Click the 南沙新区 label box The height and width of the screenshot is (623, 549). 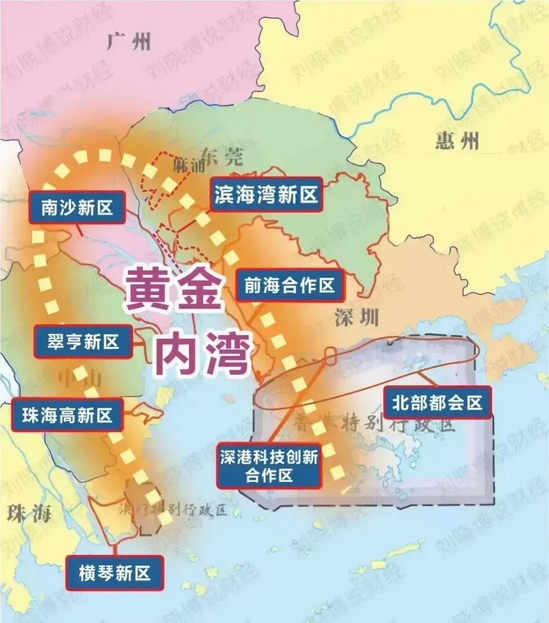point(77,207)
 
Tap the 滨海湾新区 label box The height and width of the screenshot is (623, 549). point(266,194)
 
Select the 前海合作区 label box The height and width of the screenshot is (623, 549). point(289,285)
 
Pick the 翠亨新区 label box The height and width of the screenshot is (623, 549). point(83,342)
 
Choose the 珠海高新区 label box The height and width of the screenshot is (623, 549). point(67,416)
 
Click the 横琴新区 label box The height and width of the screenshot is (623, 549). point(115,573)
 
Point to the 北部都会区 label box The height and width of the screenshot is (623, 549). point(437,403)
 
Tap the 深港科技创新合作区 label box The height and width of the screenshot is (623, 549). point(269,466)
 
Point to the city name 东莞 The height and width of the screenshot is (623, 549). point(222,156)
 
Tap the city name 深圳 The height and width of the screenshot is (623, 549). point(357,318)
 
